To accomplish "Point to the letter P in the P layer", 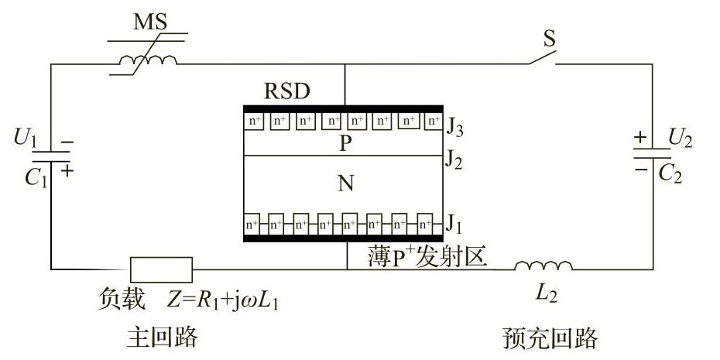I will click(x=345, y=143).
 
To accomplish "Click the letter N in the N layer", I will click(x=345, y=184).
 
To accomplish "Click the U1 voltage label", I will click(x=26, y=139).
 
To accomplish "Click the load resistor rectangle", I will click(x=161, y=269).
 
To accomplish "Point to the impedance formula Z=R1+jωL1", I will click(x=223, y=299).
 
